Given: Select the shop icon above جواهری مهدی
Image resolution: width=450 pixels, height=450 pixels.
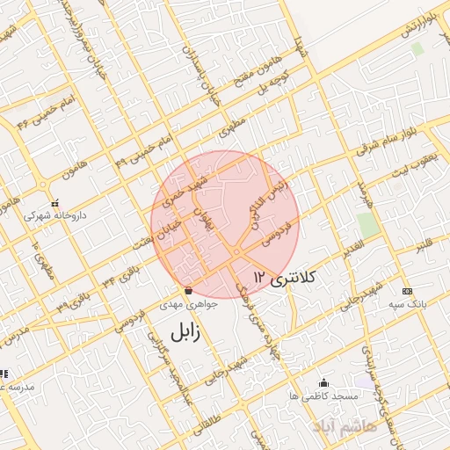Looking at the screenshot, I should [187, 291].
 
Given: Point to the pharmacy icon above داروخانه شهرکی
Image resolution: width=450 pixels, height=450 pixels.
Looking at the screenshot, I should [54, 201].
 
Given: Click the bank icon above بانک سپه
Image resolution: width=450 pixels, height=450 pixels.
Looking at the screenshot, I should [406, 291].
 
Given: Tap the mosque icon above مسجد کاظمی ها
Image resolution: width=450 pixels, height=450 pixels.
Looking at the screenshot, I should [323, 382].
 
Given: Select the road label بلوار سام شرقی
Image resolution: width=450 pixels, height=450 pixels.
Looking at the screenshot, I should [388, 141].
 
